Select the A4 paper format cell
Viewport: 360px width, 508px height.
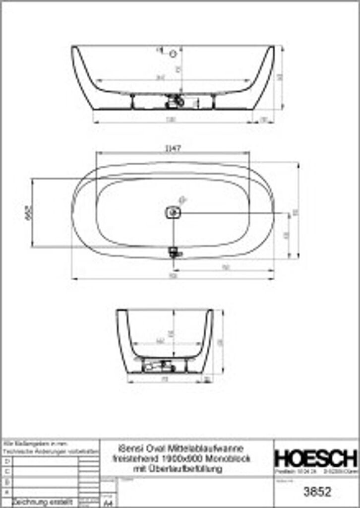107,502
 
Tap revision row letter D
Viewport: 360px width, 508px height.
6,461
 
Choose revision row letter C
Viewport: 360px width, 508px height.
6,471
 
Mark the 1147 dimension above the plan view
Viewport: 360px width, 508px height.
172,148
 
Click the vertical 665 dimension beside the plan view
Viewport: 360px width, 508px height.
28,212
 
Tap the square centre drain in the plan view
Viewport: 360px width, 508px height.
173,213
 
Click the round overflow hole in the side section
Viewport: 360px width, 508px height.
173,54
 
